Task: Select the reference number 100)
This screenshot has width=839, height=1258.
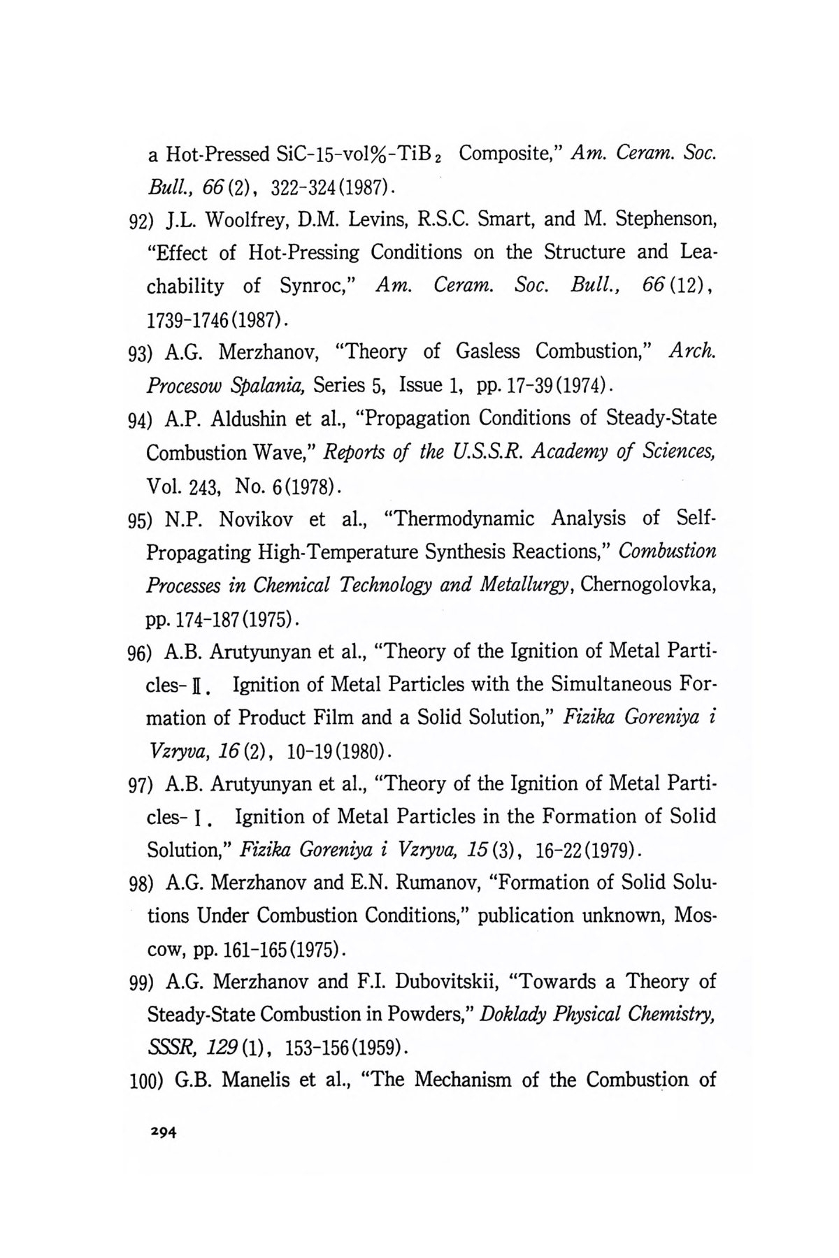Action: [x=147, y=1082]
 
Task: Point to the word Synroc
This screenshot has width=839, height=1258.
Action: [x=319, y=286]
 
